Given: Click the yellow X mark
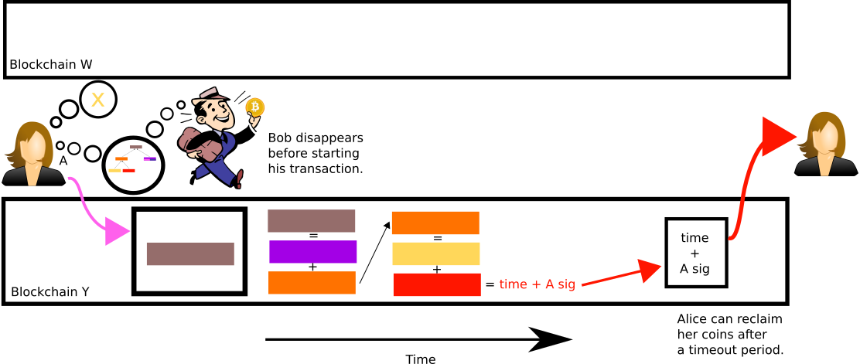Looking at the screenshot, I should (97, 100).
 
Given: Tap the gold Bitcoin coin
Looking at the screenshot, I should (254, 107).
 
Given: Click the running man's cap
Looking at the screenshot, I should (207, 95).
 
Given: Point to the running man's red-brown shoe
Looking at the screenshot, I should (240, 179).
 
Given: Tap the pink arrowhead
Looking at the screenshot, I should (116, 231).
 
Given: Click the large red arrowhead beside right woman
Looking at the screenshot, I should (776, 137).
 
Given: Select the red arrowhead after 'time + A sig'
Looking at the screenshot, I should (648, 269).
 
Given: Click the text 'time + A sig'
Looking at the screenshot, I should (537, 284).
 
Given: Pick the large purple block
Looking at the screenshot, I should (312, 252).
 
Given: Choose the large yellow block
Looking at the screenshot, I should (435, 253).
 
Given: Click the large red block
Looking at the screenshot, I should (436, 284).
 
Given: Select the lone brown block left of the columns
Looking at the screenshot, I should (189, 253).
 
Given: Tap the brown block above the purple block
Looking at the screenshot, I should (311, 221).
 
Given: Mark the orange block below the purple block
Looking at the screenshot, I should (312, 283).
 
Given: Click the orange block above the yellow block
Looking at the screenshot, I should (435, 223).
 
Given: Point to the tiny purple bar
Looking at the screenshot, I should (149, 158).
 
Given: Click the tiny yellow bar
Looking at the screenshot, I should (114, 170).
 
